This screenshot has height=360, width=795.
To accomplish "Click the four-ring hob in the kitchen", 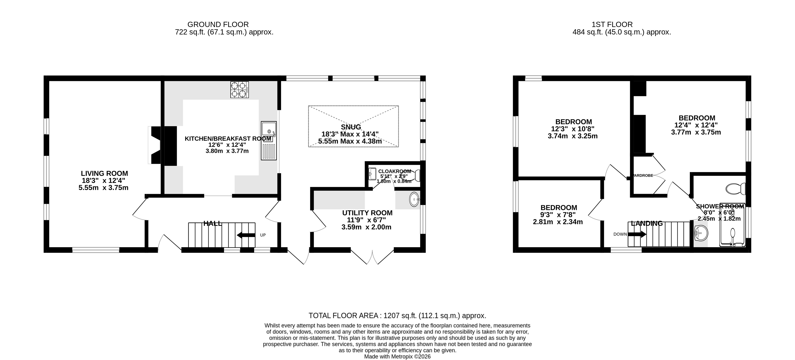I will [x=239, y=90].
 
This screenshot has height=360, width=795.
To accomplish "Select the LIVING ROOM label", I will [x=104, y=174].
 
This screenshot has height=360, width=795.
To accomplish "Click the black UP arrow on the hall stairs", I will [x=246, y=235].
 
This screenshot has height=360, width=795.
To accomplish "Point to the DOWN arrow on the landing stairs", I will [x=637, y=234].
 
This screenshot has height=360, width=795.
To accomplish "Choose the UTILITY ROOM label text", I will [x=367, y=213].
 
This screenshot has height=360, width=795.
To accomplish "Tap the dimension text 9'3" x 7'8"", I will [x=558, y=215].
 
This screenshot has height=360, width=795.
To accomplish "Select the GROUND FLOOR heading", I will [x=218, y=24].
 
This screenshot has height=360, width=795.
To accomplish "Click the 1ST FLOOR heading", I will [x=612, y=24].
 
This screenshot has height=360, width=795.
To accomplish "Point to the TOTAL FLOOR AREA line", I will [x=397, y=316].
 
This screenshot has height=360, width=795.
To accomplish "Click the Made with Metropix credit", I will [x=397, y=357].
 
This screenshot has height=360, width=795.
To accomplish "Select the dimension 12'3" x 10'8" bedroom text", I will [x=573, y=129].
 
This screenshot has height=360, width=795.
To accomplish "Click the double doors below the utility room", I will [x=372, y=258].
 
